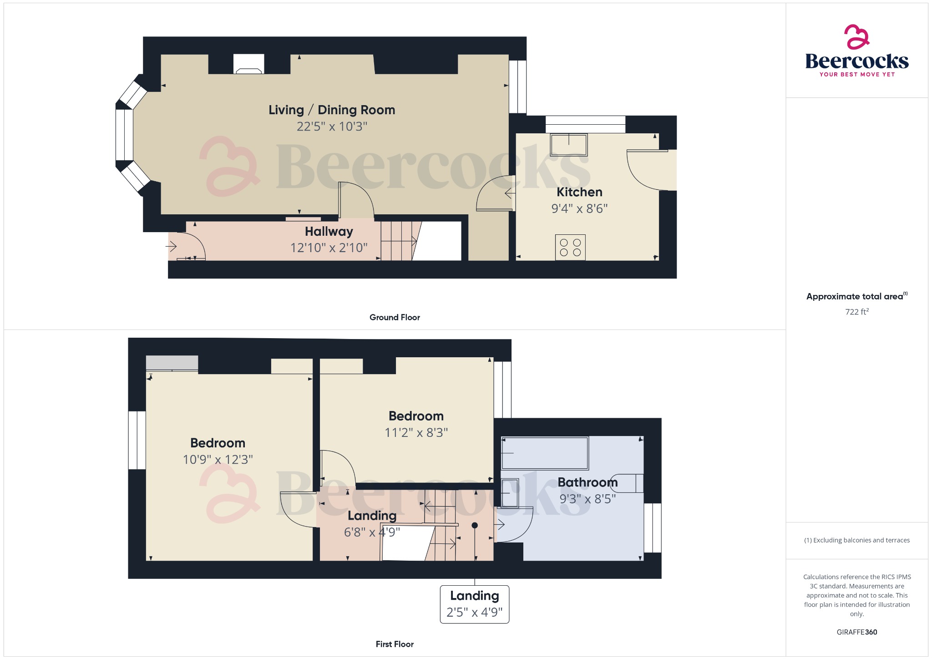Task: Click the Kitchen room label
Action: (x=579, y=192)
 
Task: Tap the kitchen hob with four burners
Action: (x=570, y=248)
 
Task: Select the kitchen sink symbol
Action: (x=568, y=144)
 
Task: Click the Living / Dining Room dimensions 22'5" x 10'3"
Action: (x=332, y=127)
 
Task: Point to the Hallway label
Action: (x=329, y=232)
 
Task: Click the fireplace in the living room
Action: (x=248, y=64)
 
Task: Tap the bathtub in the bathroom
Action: (x=545, y=453)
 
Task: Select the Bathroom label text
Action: (x=588, y=482)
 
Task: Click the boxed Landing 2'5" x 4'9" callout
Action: (x=474, y=604)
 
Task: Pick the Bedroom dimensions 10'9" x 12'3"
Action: (x=218, y=460)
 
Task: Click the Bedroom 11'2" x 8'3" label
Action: (x=416, y=424)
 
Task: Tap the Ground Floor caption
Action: (x=395, y=318)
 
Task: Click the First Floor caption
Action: (x=395, y=644)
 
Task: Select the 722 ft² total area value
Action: (x=856, y=312)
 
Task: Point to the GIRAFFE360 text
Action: (x=856, y=632)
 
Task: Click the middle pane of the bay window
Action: (x=124, y=135)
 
